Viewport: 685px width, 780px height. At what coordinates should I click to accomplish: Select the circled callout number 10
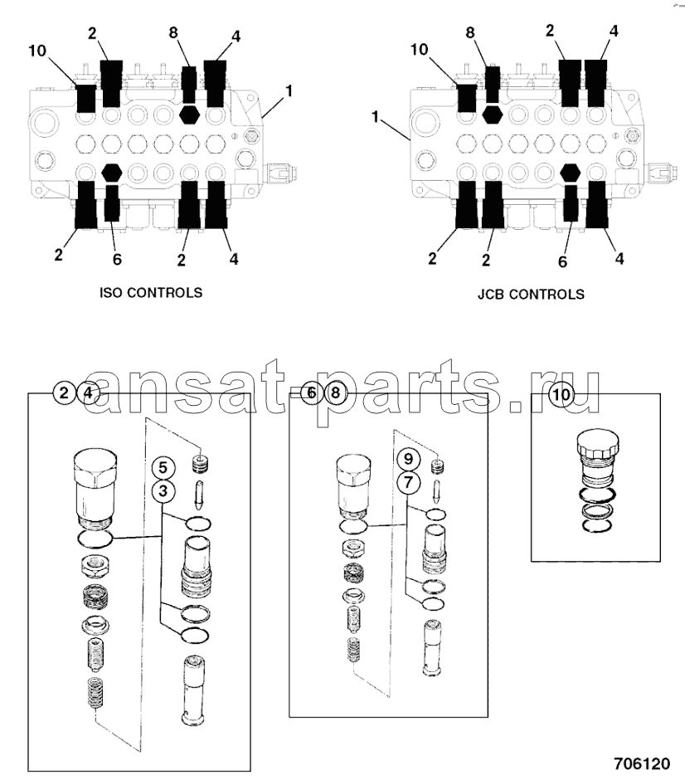click(x=562, y=395)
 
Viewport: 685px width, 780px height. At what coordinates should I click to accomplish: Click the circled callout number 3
click(x=163, y=491)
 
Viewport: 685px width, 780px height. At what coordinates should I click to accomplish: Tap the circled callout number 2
click(x=64, y=393)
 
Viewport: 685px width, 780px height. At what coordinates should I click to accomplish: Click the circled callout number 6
click(x=309, y=393)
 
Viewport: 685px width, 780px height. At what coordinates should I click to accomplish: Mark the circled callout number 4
click(x=89, y=393)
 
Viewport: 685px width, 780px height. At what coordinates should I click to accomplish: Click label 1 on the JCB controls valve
click(x=376, y=119)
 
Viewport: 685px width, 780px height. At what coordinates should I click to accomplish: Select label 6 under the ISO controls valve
click(x=117, y=260)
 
